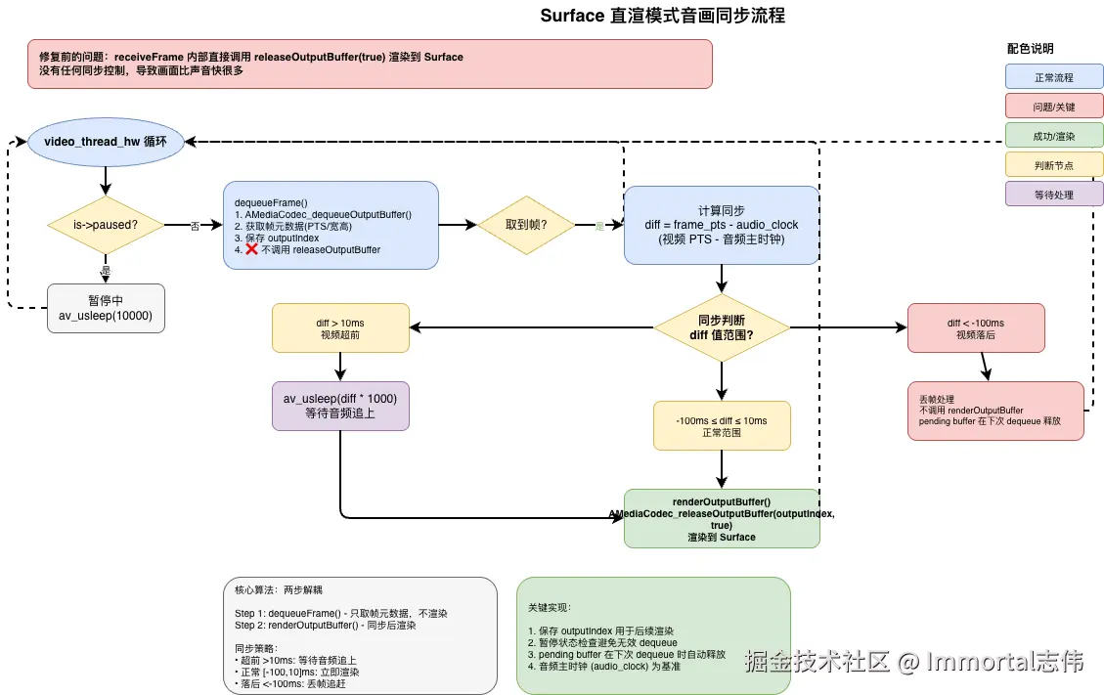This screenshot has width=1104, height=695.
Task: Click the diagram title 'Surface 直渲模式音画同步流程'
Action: pyautogui.click(x=662, y=17)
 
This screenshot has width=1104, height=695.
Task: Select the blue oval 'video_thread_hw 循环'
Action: pyautogui.click(x=106, y=143)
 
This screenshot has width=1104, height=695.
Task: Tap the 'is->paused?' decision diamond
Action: pyautogui.click(x=106, y=226)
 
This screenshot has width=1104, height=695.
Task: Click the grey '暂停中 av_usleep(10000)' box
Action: pyautogui.click(x=106, y=308)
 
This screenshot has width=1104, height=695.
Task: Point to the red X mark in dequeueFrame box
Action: pyautogui.click(x=251, y=249)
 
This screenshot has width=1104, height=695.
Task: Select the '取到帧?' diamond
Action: pyautogui.click(x=525, y=226)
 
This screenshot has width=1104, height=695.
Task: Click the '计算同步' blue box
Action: pyautogui.click(x=722, y=225)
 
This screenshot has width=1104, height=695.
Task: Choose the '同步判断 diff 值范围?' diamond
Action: pyautogui.click(x=722, y=327)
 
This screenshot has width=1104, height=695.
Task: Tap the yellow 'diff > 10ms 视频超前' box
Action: pyautogui.click(x=341, y=327)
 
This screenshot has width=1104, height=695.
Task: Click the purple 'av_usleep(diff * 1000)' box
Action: pyautogui.click(x=341, y=406)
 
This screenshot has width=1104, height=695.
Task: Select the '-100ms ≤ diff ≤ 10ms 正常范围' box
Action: pyautogui.click(x=722, y=426)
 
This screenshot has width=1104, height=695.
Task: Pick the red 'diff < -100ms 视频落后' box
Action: pyautogui.click(x=975, y=327)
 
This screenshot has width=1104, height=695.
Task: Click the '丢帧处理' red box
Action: pyautogui.click(x=995, y=411)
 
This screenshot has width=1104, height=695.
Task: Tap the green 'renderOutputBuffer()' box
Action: pyautogui.click(x=722, y=519)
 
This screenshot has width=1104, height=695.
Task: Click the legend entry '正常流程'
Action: pyautogui.click(x=1053, y=77)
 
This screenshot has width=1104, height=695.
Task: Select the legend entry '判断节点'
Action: pyautogui.click(x=1053, y=164)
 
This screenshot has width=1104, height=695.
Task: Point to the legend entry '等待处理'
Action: pyautogui.click(x=1053, y=194)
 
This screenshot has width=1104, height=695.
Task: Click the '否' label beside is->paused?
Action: pyautogui.click(x=194, y=226)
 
